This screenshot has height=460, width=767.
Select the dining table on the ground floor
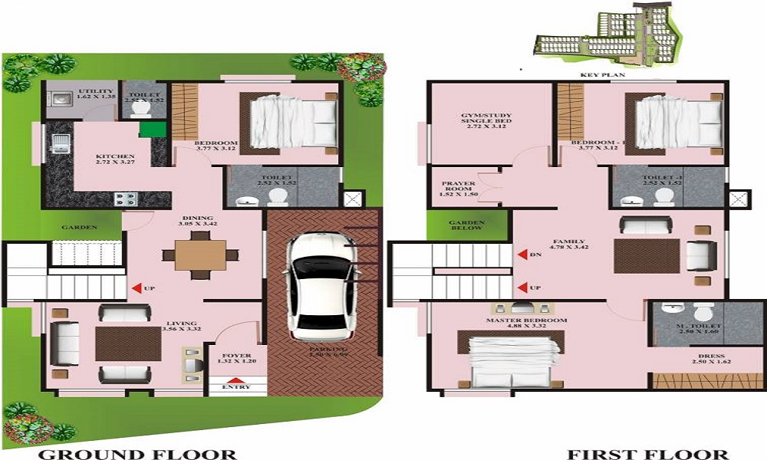pyautogui.click(x=200, y=255)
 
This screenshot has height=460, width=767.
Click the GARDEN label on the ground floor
pyautogui.click(x=78, y=227)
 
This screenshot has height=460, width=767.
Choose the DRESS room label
pyautogui.click(x=707, y=356)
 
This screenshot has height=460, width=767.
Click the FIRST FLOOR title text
pyautogui.click(x=647, y=454)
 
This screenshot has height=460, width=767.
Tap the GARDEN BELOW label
pyautogui.click(x=467, y=228)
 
